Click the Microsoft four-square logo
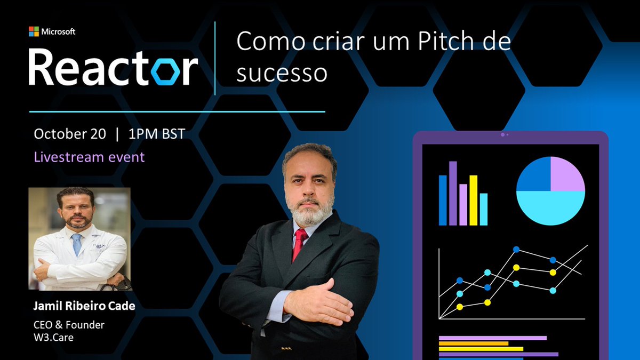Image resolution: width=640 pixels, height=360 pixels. coord(34,31)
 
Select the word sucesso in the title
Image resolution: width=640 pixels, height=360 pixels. coord(282,73)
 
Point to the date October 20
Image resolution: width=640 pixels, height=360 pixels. coord(70,134)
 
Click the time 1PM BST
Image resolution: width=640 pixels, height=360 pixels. coord(157,134)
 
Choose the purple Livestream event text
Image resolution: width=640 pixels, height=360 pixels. coord(89,157)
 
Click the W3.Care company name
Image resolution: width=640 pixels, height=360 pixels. coord(52,337)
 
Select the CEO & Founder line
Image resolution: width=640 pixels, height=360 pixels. coord(69,324)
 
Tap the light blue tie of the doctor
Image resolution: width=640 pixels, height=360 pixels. coord(77,245)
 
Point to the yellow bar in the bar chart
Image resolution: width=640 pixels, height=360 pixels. coord(473,200)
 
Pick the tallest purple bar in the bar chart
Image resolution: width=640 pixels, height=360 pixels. coord(453,193)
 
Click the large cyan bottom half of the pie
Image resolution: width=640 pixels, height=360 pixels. coord(550,208)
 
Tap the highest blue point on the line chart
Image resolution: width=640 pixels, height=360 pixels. coord(516,249)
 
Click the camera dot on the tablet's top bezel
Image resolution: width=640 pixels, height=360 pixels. coord(502,134)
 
